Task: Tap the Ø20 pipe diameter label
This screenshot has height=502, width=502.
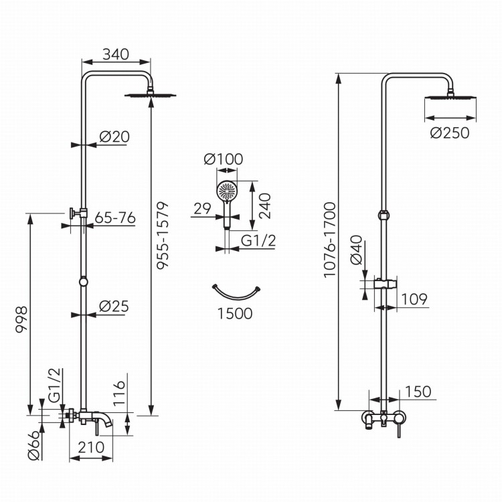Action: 114,136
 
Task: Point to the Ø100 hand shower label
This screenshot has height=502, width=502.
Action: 223,160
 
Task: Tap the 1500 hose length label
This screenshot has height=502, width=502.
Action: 235,313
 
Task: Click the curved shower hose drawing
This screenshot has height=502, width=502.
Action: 236,292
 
